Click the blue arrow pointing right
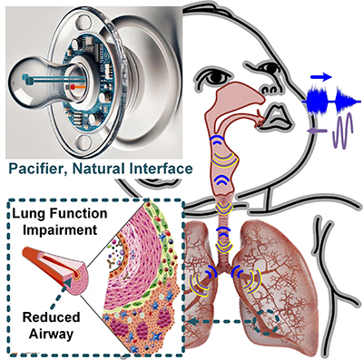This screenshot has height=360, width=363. pos(322,78)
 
